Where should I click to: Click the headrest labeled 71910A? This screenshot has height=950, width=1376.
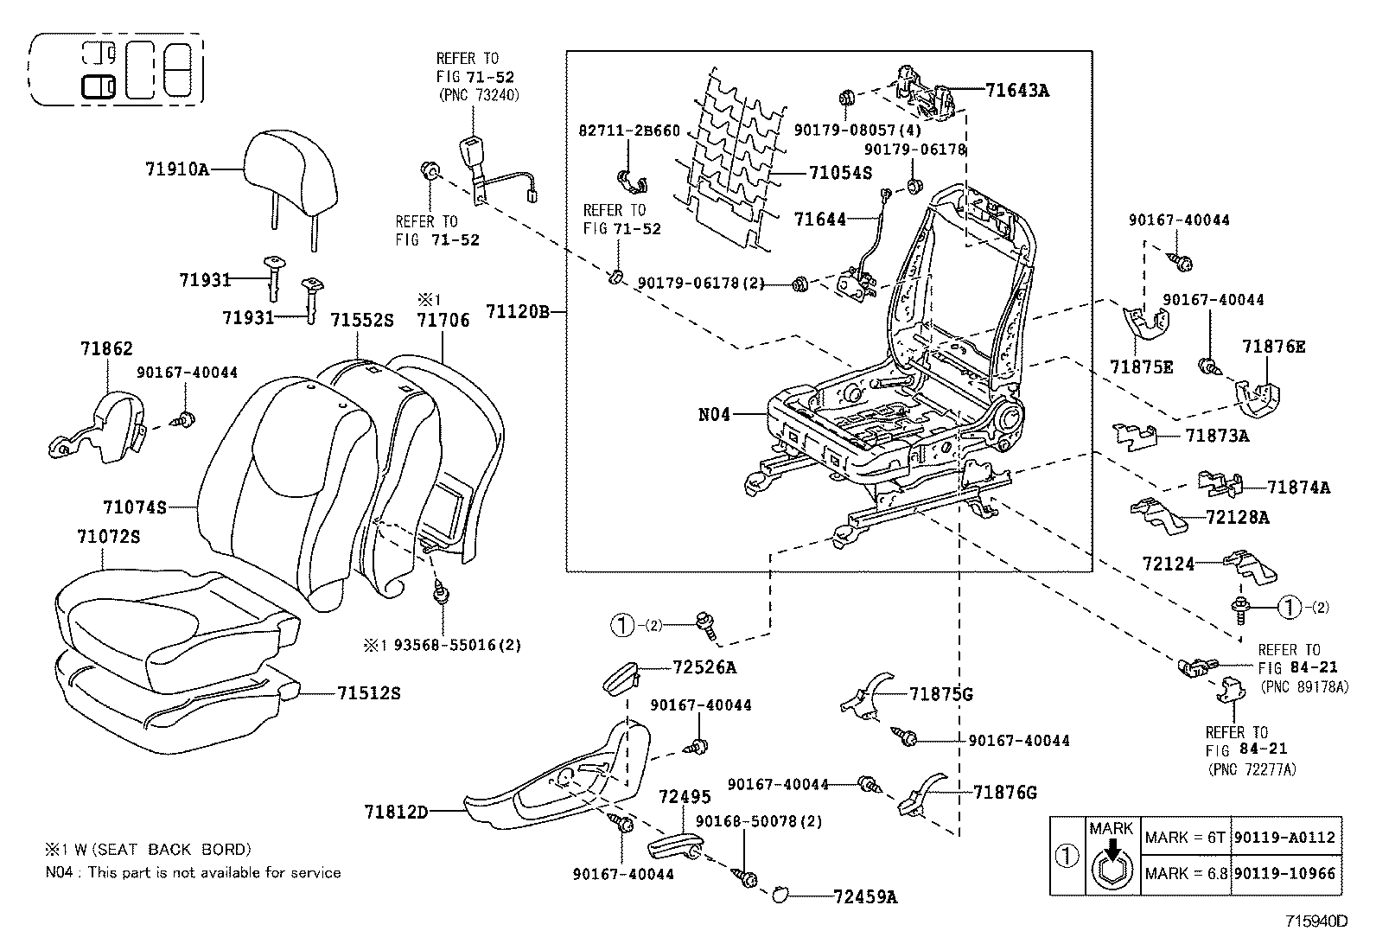[289, 169]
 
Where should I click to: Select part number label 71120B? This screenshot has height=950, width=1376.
[518, 309]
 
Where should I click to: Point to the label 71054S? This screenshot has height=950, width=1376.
[840, 173]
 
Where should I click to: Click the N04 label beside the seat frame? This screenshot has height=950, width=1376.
[714, 414]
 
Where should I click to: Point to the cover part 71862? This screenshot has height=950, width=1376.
[99, 424]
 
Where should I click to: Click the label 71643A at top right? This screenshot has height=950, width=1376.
[1017, 89]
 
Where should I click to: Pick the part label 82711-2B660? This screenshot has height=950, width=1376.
[628, 131]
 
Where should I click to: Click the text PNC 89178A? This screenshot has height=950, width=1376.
[1304, 687]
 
